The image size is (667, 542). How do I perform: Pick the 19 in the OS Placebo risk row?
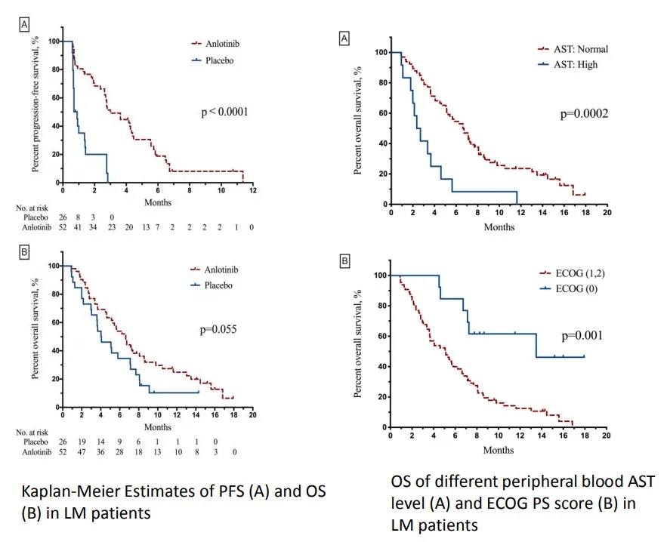tap(77, 442)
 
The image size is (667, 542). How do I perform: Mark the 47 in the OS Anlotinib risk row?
tap(77, 452)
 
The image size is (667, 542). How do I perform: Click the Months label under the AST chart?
tap(499, 226)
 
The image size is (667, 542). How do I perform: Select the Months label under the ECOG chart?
tap(499, 450)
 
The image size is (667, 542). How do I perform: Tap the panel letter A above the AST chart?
tap(345, 38)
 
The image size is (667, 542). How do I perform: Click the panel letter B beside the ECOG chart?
tap(345, 262)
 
